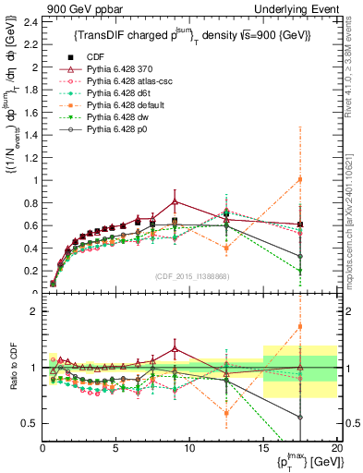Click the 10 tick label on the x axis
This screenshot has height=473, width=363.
189,448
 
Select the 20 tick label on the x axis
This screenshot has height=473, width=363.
336,448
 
